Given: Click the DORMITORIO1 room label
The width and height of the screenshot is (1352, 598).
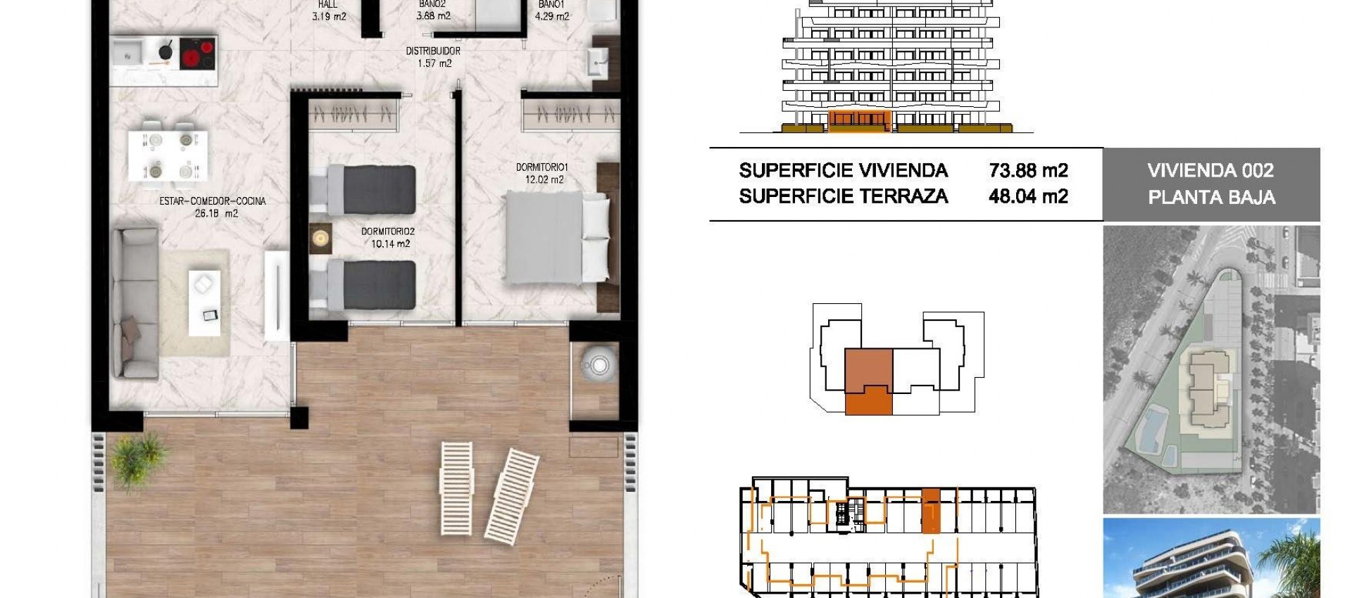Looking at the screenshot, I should pyautogui.click(x=542, y=167).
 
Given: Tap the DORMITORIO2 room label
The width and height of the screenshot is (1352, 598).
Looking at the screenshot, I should pyautogui.click(x=388, y=231).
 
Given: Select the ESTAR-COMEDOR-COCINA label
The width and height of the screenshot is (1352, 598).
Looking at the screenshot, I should pyautogui.click(x=213, y=201).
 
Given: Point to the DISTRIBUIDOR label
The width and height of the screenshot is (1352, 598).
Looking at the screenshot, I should pyautogui.click(x=433, y=51).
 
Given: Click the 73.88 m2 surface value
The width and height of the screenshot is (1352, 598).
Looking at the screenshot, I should pyautogui.click(x=1028, y=171).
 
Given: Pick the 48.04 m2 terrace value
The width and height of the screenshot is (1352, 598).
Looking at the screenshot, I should pyautogui.click(x=1028, y=196).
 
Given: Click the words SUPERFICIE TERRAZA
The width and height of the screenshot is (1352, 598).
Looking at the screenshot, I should pyautogui.click(x=843, y=196).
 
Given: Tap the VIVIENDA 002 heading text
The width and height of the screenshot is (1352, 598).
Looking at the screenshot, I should pyautogui.click(x=1210, y=171).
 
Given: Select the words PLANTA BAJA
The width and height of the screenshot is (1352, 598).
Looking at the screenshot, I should pyautogui.click(x=1211, y=198).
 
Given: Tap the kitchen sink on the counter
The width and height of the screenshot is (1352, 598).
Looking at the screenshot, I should pyautogui.click(x=128, y=51).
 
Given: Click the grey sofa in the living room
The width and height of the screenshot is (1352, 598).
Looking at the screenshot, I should pyautogui.click(x=136, y=303).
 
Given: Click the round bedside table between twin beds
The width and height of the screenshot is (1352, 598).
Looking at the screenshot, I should pyautogui.click(x=321, y=238).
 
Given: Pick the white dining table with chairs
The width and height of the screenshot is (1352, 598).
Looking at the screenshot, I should pyautogui.click(x=168, y=155).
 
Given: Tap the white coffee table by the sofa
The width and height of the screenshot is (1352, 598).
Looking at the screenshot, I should pyautogui.click(x=204, y=303).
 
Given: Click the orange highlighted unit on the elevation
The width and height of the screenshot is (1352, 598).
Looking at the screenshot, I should pyautogui.click(x=859, y=121).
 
